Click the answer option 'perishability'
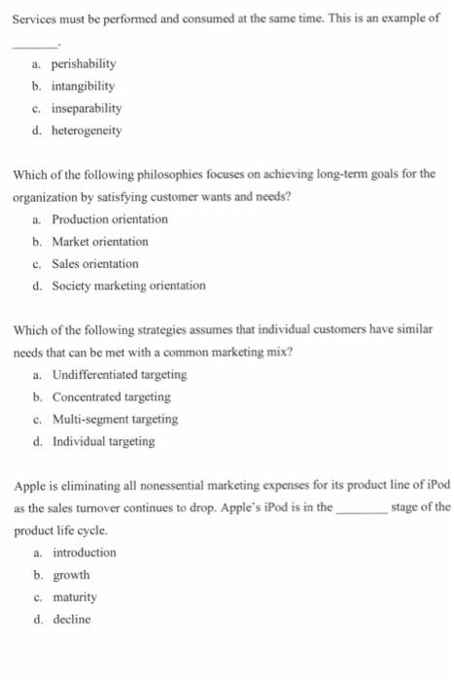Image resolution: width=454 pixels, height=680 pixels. point(84,63)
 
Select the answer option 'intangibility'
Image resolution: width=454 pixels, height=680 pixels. point(83,85)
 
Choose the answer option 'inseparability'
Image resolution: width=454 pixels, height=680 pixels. point(87,107)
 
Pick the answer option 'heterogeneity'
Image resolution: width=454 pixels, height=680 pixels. point(87,129)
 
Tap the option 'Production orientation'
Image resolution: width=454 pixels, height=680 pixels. point(110,220)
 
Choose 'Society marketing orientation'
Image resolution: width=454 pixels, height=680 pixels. point(128,286)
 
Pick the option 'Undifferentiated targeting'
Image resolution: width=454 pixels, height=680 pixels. point(120,375)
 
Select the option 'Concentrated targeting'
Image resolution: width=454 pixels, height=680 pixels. point(111,396)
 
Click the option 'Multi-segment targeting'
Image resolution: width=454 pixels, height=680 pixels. point(115,419)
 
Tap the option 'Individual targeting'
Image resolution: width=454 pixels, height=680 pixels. point(103,441)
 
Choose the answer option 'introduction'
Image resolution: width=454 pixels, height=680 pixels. point(84,552)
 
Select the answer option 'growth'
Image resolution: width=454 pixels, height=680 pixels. point(71,574)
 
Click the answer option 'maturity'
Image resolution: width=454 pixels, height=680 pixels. point(75,596)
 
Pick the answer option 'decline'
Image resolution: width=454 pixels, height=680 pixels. point(71,619)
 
